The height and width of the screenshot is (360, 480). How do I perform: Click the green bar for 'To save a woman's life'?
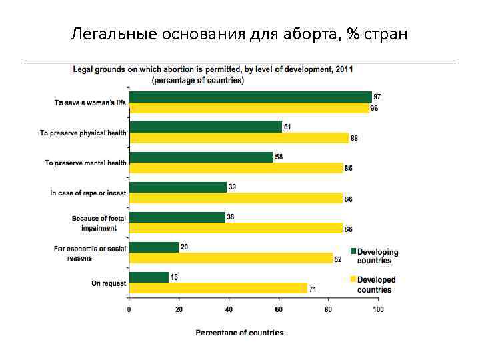250,97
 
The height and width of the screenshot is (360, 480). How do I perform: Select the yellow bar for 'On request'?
218,289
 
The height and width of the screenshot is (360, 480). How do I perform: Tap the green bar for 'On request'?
149,277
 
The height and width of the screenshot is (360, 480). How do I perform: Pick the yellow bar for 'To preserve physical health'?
239,138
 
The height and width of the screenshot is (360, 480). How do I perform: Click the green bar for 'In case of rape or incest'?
178,187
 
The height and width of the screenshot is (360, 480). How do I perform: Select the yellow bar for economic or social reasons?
231,259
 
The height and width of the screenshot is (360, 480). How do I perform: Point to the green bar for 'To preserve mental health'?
201,157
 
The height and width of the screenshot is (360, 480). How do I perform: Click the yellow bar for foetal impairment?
236,228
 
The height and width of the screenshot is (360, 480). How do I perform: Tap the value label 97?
377,97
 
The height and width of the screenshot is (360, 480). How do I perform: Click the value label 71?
312,289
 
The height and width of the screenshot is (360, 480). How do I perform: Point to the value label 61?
287,127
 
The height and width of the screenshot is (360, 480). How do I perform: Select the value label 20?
184,247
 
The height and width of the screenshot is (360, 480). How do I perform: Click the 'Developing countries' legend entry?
375,256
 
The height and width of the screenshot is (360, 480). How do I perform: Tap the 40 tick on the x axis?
229,310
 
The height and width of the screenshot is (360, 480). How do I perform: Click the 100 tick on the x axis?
377,310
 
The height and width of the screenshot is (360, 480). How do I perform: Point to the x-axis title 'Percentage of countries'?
239,332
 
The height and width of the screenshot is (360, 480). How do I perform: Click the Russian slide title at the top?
239,33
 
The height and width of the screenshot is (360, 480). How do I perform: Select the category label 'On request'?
109,283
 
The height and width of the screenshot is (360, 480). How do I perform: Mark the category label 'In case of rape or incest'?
88,193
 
